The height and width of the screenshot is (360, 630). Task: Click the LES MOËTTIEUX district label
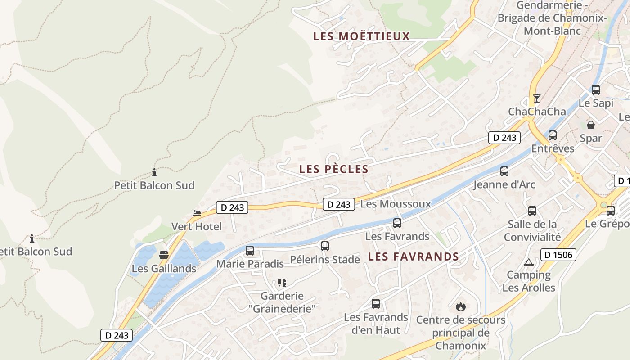(x=361, y=36)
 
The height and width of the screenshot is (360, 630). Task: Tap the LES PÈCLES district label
(x=334, y=169)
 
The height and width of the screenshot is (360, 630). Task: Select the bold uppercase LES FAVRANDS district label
(x=413, y=256)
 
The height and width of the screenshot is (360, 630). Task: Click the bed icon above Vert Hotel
(x=197, y=213)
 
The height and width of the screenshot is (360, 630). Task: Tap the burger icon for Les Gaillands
(x=164, y=255)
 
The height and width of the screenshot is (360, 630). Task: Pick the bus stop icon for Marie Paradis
(x=250, y=251)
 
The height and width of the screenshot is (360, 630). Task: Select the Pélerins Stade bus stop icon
(x=325, y=246)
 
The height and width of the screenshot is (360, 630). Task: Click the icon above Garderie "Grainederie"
(x=282, y=283)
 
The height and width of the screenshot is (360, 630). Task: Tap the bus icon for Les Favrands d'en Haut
(x=376, y=304)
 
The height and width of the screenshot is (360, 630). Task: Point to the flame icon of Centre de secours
(x=460, y=307)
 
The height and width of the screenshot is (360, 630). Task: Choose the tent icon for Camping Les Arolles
(x=529, y=262)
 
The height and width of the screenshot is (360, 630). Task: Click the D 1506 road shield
(x=558, y=255)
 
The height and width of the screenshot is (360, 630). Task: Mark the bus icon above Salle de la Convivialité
(x=532, y=211)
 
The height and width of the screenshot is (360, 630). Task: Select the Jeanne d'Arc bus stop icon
(x=504, y=171)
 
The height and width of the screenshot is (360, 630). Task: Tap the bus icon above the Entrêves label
(x=553, y=135)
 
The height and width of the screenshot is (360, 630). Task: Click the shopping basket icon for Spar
(x=591, y=125)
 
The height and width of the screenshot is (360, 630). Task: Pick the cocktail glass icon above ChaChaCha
(x=536, y=98)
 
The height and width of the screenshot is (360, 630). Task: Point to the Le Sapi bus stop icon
(x=596, y=90)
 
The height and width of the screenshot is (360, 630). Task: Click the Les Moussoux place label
(x=396, y=204)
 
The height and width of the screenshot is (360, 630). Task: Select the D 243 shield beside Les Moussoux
(x=338, y=204)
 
